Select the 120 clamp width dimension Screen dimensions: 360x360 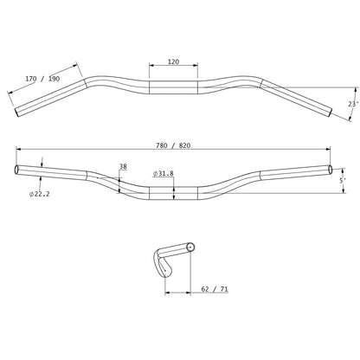[x=173, y=63]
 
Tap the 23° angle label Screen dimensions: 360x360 [x=351, y=104]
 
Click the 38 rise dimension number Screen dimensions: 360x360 [x=123, y=167]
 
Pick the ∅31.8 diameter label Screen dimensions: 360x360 [x=163, y=174]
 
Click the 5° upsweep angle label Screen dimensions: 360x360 [x=343, y=180]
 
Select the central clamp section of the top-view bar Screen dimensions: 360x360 [x=173, y=87]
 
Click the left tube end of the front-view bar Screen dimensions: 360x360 [x=16, y=169]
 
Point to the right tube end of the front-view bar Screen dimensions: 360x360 [x=329, y=169]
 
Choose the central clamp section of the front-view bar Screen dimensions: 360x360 [x=173, y=192]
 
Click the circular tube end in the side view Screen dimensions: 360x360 [x=190, y=249]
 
